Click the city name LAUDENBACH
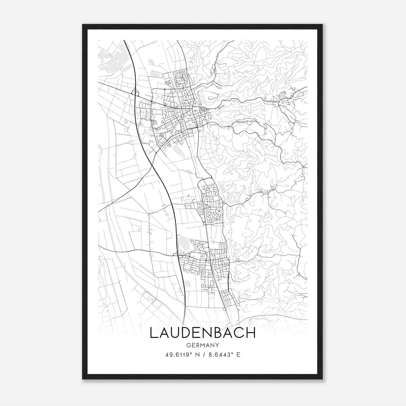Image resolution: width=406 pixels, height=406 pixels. [203, 333]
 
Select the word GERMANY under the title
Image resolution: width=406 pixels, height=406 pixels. [203, 345]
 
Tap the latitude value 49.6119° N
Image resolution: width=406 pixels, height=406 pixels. [181, 355]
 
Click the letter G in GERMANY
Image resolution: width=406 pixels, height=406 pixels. [188, 345]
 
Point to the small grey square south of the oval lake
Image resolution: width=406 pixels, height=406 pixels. [188, 284]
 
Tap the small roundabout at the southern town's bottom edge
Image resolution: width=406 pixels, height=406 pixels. [224, 309]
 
